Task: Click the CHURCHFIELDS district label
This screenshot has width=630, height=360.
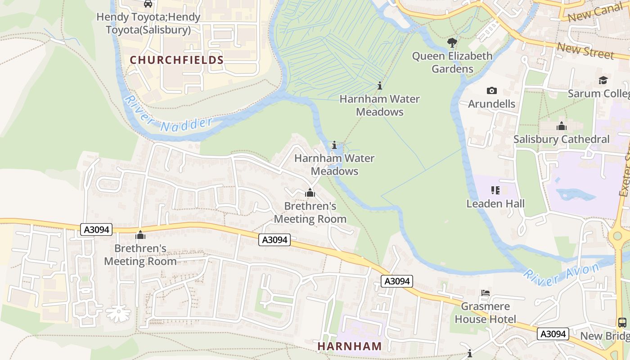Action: (177, 60)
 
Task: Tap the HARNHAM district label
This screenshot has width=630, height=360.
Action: (350, 346)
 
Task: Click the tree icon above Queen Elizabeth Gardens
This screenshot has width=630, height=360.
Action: (452, 43)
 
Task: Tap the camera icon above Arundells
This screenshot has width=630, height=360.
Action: (492, 91)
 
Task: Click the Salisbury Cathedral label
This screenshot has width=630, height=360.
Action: (561, 139)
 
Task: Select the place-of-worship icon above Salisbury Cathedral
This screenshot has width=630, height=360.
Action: (562, 126)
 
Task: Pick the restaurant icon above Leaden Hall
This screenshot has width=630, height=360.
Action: (495, 190)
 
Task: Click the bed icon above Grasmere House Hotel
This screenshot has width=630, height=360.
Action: (486, 293)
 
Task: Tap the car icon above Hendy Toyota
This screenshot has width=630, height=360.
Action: (148, 4)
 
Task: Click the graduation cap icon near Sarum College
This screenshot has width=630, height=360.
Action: (603, 81)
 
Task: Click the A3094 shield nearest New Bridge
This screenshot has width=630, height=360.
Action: (553, 334)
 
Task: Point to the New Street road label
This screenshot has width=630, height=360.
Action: (585, 50)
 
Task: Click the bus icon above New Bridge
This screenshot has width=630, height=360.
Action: (622, 322)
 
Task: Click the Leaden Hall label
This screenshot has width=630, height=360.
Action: (495, 204)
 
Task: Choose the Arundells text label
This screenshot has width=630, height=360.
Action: (492, 104)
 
